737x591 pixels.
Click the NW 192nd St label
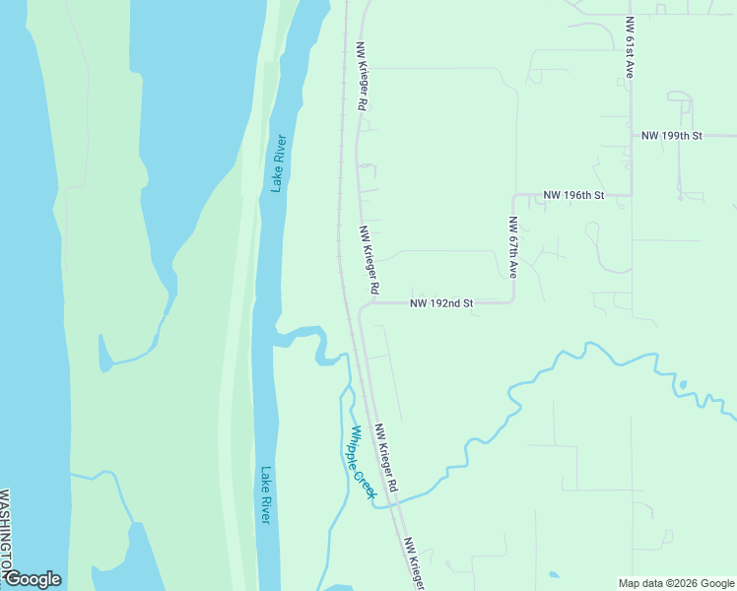pos(441,303)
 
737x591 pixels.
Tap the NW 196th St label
pos(572,196)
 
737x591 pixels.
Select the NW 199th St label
pos(671,135)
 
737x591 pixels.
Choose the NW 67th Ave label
pos(513,246)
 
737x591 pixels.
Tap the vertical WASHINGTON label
pos(5,532)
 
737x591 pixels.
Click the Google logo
pos(33,579)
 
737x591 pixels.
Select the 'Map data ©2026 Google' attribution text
pos(676,583)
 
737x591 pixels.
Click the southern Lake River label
pos(264,494)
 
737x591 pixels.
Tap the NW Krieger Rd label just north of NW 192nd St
pos(369,260)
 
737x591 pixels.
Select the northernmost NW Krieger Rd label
pos(363,75)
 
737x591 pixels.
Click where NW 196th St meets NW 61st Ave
pos(632,195)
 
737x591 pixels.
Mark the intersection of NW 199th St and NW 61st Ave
pos(632,135)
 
